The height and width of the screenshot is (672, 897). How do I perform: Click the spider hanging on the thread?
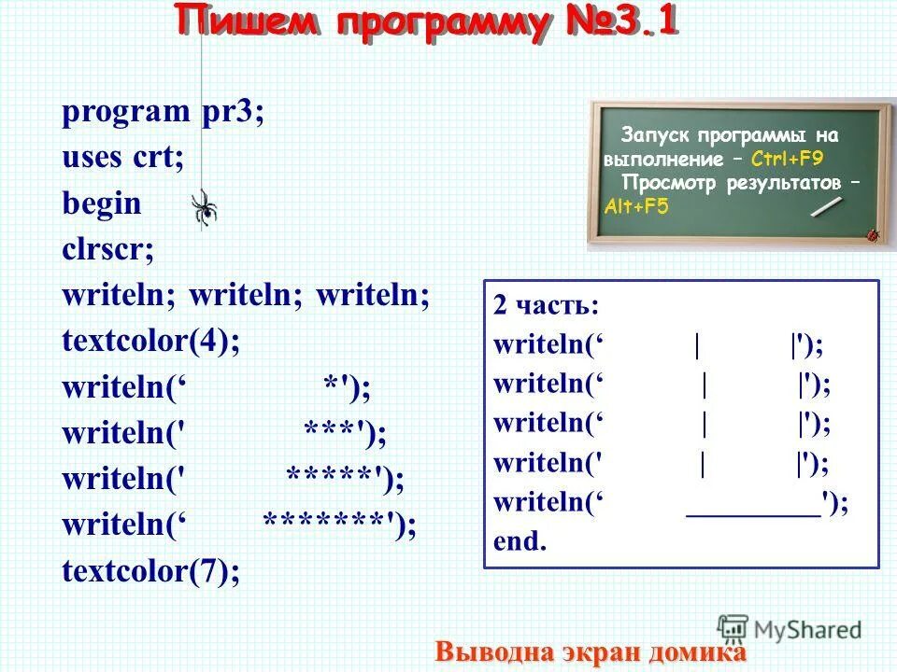click(x=204, y=207)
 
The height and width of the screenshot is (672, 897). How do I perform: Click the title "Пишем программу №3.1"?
click(x=426, y=22)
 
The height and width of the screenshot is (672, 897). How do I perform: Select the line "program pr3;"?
click(x=164, y=113)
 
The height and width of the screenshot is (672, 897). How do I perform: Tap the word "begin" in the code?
click(x=102, y=203)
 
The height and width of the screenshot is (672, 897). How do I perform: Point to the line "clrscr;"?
click(x=108, y=249)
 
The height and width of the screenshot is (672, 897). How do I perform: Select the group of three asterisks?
click(x=331, y=432)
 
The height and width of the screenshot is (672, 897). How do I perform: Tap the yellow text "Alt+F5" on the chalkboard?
click(x=636, y=207)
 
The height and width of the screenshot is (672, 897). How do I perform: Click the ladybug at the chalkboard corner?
click(x=874, y=234)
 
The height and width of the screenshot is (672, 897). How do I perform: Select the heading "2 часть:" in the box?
click(x=547, y=307)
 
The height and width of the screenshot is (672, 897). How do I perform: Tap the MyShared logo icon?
click(x=733, y=628)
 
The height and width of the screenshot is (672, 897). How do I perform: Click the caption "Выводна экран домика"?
click(x=591, y=651)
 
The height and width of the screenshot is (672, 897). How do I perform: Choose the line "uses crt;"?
click(x=122, y=158)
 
